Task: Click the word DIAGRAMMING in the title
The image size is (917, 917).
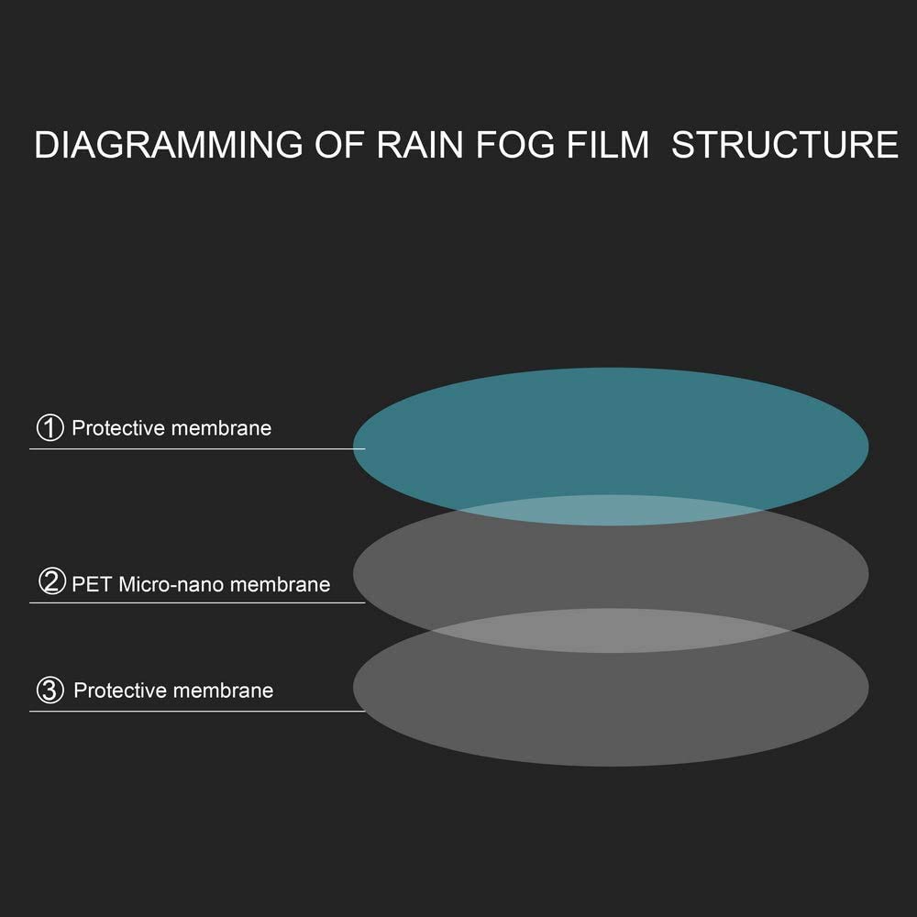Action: point(169,145)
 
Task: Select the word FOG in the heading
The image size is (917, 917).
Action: point(515,145)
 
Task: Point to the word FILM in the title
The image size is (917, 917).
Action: point(608,145)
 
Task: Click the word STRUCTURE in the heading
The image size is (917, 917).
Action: point(785,145)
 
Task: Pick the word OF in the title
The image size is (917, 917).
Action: point(340,145)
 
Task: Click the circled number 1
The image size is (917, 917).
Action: point(50,427)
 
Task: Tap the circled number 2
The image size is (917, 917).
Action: point(51,581)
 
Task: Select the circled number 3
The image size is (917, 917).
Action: point(50,691)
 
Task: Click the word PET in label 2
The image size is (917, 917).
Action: point(93,584)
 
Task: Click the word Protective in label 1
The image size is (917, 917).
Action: point(118,428)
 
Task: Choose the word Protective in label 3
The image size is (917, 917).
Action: point(120,691)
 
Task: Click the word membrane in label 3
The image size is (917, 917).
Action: point(224,691)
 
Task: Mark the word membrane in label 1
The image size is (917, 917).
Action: point(222,428)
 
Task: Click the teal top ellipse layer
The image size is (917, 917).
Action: point(611,433)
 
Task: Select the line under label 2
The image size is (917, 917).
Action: point(197,602)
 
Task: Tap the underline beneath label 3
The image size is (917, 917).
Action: point(197,712)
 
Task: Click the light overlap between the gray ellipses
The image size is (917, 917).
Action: point(611,631)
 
